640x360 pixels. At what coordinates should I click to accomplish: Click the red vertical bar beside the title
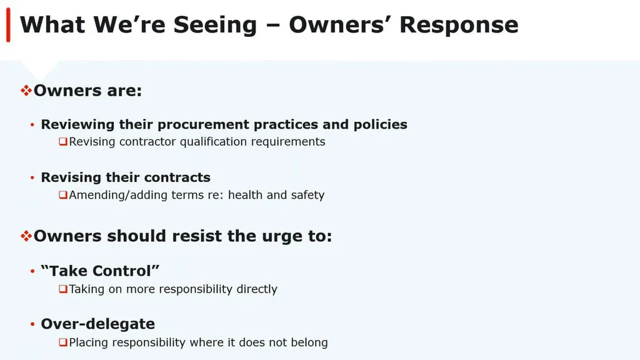click(8, 25)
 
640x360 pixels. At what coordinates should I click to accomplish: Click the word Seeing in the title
click(215, 25)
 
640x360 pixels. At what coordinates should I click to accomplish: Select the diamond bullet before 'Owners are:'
click(26, 90)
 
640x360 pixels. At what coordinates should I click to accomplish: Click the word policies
click(381, 124)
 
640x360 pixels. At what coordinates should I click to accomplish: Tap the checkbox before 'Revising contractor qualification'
click(63, 142)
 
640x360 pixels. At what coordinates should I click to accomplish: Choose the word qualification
click(213, 142)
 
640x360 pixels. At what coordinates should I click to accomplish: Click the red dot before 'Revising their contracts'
click(32, 177)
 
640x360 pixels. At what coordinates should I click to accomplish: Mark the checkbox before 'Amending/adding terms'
click(63, 195)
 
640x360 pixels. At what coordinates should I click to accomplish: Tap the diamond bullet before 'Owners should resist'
click(26, 236)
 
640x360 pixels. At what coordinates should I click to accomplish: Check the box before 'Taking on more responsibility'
click(63, 289)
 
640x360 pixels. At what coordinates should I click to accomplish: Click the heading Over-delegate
click(98, 324)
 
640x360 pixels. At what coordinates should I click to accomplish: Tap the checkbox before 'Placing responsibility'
click(63, 342)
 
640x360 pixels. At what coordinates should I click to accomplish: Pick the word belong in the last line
click(309, 342)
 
